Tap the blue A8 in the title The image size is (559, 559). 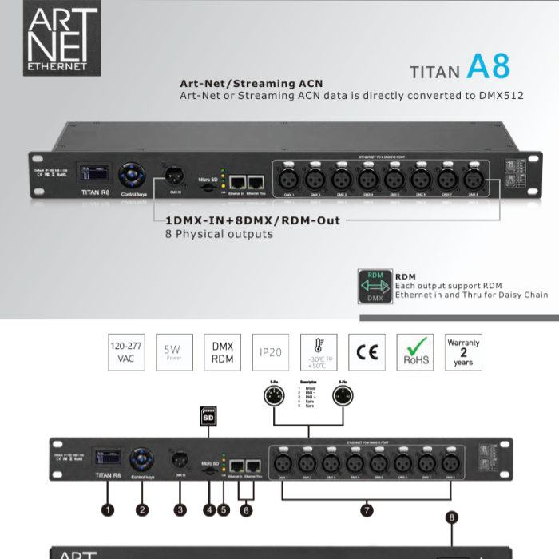point(487,67)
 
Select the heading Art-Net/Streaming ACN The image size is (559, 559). point(252,83)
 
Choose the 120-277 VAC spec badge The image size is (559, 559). point(126,352)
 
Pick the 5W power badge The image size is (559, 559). point(174,352)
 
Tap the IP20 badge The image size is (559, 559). point(270,352)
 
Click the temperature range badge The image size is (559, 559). point(318,352)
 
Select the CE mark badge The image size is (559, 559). point(367,352)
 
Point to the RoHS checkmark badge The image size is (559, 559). point(415,352)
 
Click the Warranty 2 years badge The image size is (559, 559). point(463,352)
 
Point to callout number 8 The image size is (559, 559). point(452,517)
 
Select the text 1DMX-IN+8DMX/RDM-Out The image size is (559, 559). point(252,220)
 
